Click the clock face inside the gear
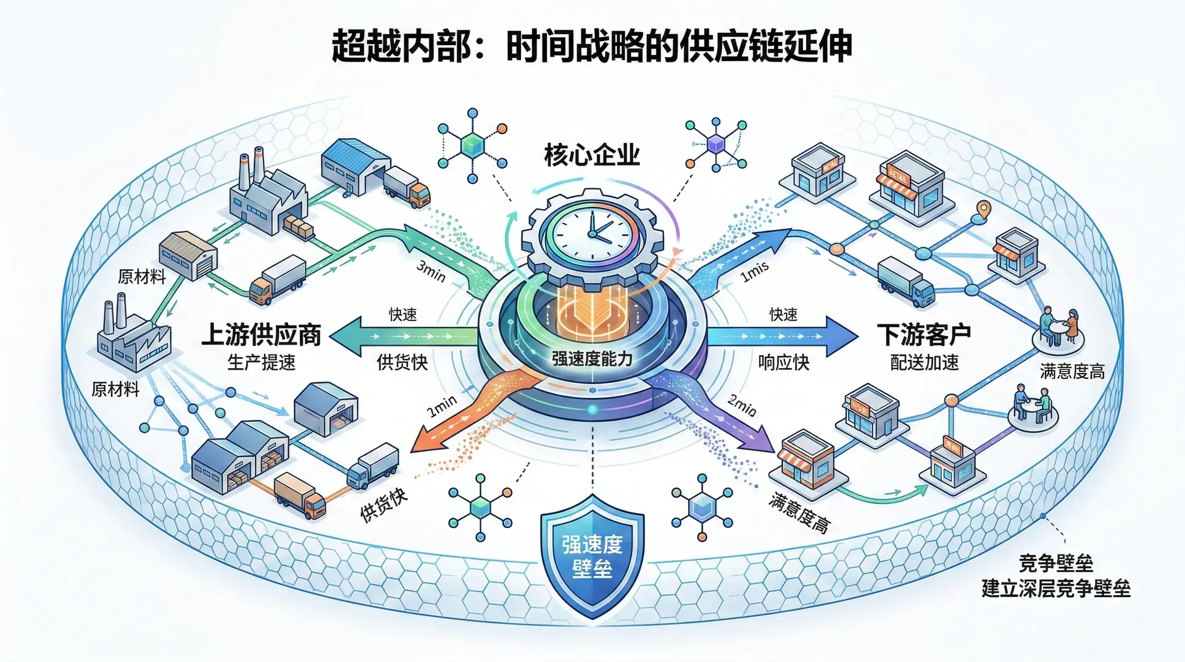tap(591, 234)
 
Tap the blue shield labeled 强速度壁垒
tap(592, 556)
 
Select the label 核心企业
tap(592, 155)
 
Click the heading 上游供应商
tap(262, 335)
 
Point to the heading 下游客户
tap(924, 335)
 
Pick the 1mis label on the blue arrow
tap(754, 270)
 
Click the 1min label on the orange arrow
tap(442, 406)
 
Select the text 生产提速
tap(262, 362)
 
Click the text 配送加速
tap(924, 362)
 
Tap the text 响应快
tap(783, 362)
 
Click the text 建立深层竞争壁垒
tap(1056, 589)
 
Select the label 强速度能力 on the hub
tap(592, 359)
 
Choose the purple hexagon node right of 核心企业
tap(716, 144)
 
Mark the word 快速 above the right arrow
tap(783, 315)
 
